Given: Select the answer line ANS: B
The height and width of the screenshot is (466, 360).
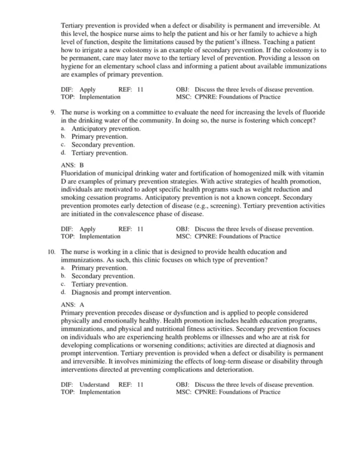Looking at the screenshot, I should pos(73,164).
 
